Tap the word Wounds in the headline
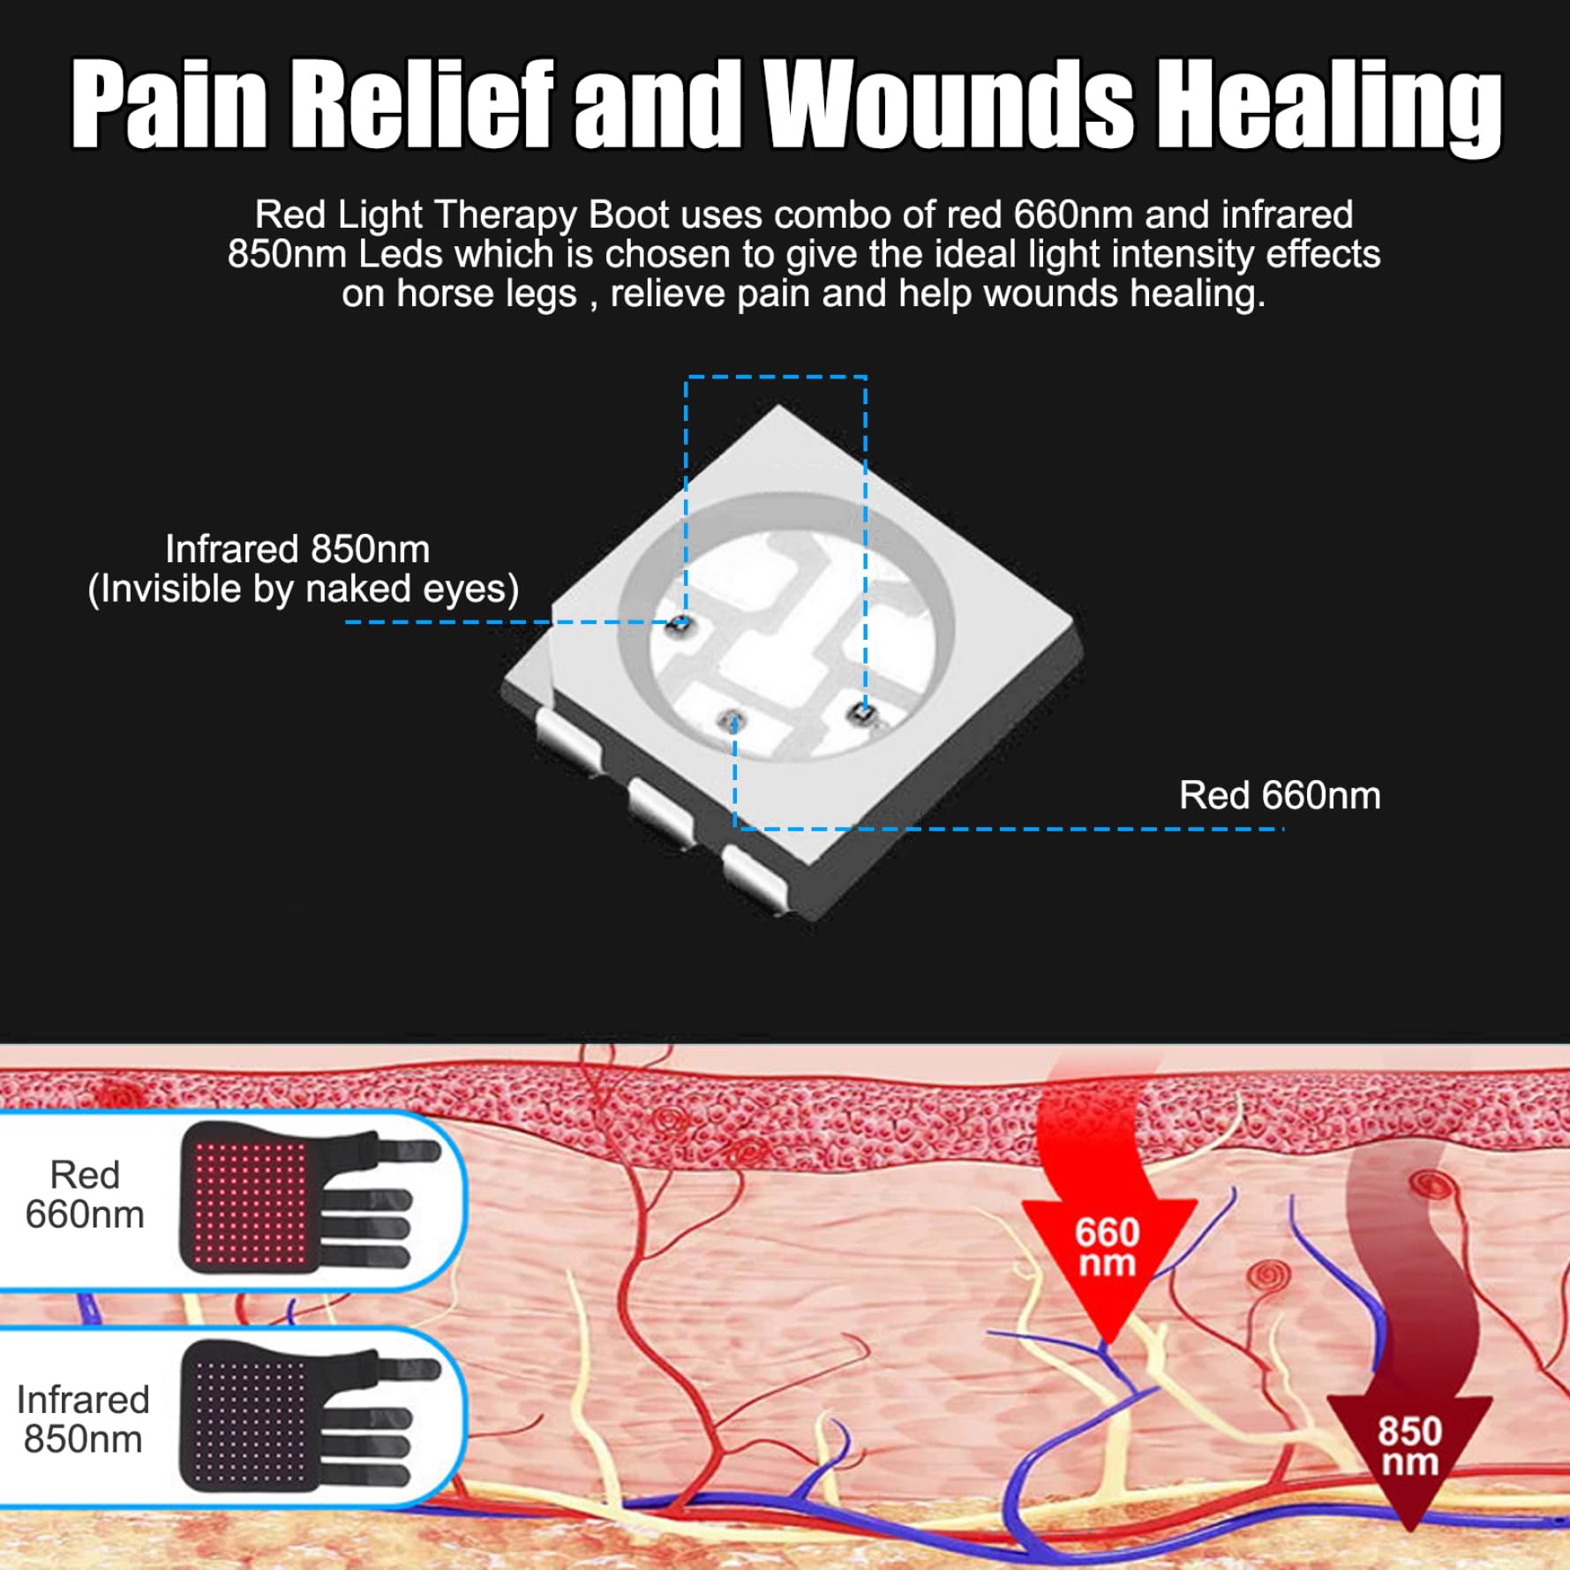pyautogui.click(x=950, y=103)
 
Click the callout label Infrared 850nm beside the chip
pyautogui.click(x=297, y=549)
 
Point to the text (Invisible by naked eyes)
pyautogui.click(x=304, y=589)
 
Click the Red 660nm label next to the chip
pyautogui.click(x=1280, y=795)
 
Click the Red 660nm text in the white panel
pyautogui.click(x=85, y=1195)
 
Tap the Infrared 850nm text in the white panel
pyautogui.click(x=83, y=1419)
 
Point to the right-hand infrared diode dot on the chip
pyautogui.click(x=859, y=712)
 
